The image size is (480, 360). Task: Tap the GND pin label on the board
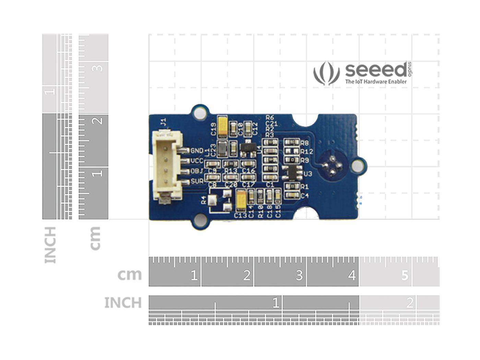[x=197, y=151]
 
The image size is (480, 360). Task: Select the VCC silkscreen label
[x=197, y=161]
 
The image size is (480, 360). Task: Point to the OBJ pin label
[x=197, y=171]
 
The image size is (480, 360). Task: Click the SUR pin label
[x=197, y=181]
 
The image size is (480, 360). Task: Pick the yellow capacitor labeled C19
[x=223, y=126]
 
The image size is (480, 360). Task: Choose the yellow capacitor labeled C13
[x=241, y=201]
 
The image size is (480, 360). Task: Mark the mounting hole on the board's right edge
[x=358, y=166]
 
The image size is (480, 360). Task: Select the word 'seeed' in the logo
[x=375, y=70]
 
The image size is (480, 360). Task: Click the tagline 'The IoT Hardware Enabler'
[x=376, y=82]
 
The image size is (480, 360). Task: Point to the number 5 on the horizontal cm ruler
[x=405, y=275]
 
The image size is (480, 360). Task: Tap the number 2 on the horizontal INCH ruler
[x=409, y=303]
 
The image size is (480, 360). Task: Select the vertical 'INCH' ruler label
[x=50, y=245]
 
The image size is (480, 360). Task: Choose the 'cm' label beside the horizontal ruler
[x=130, y=275]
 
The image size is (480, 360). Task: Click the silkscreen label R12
[x=307, y=152]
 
